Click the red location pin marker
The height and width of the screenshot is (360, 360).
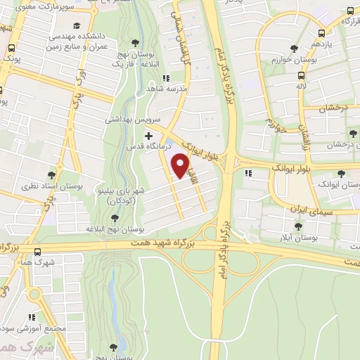point(181,166)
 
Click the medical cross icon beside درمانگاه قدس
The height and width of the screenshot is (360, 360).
point(148,135)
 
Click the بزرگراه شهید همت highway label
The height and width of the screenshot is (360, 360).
point(172,244)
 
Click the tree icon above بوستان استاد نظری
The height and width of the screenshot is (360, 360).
point(51,175)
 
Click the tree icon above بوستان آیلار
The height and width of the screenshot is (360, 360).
point(297,227)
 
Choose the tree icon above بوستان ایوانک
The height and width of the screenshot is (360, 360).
point(341,174)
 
